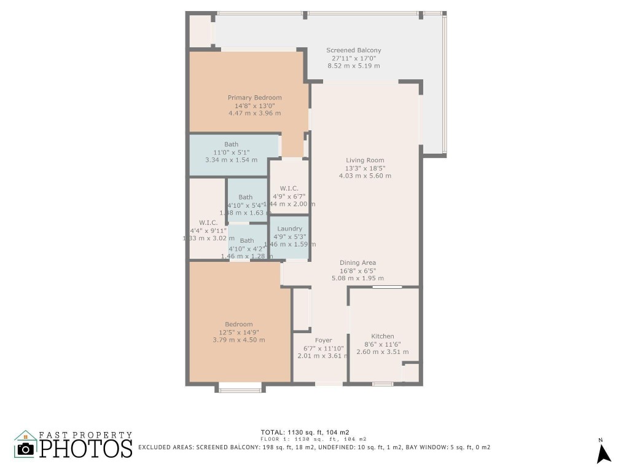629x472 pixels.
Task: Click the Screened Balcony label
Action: [353, 50]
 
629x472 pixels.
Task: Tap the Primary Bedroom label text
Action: [254, 98]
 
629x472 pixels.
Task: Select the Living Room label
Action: [365, 160]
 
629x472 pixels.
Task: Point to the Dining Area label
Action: [357, 262]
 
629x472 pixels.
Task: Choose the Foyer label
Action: [323, 340]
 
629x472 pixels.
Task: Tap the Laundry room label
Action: [289, 229]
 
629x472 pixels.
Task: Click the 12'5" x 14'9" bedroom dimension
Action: [238, 332]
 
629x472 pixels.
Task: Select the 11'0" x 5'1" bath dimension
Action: [231, 152]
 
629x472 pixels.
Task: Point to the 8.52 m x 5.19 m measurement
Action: [353, 66]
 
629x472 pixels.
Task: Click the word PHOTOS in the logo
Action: [86, 448]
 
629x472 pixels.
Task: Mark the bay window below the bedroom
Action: [240, 388]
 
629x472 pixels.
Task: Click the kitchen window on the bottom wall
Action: [383, 384]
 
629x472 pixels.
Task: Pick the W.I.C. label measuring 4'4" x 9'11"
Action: [208, 222]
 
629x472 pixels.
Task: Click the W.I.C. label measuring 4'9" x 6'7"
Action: [289, 188]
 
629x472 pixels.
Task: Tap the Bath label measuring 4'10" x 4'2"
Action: [247, 240]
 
